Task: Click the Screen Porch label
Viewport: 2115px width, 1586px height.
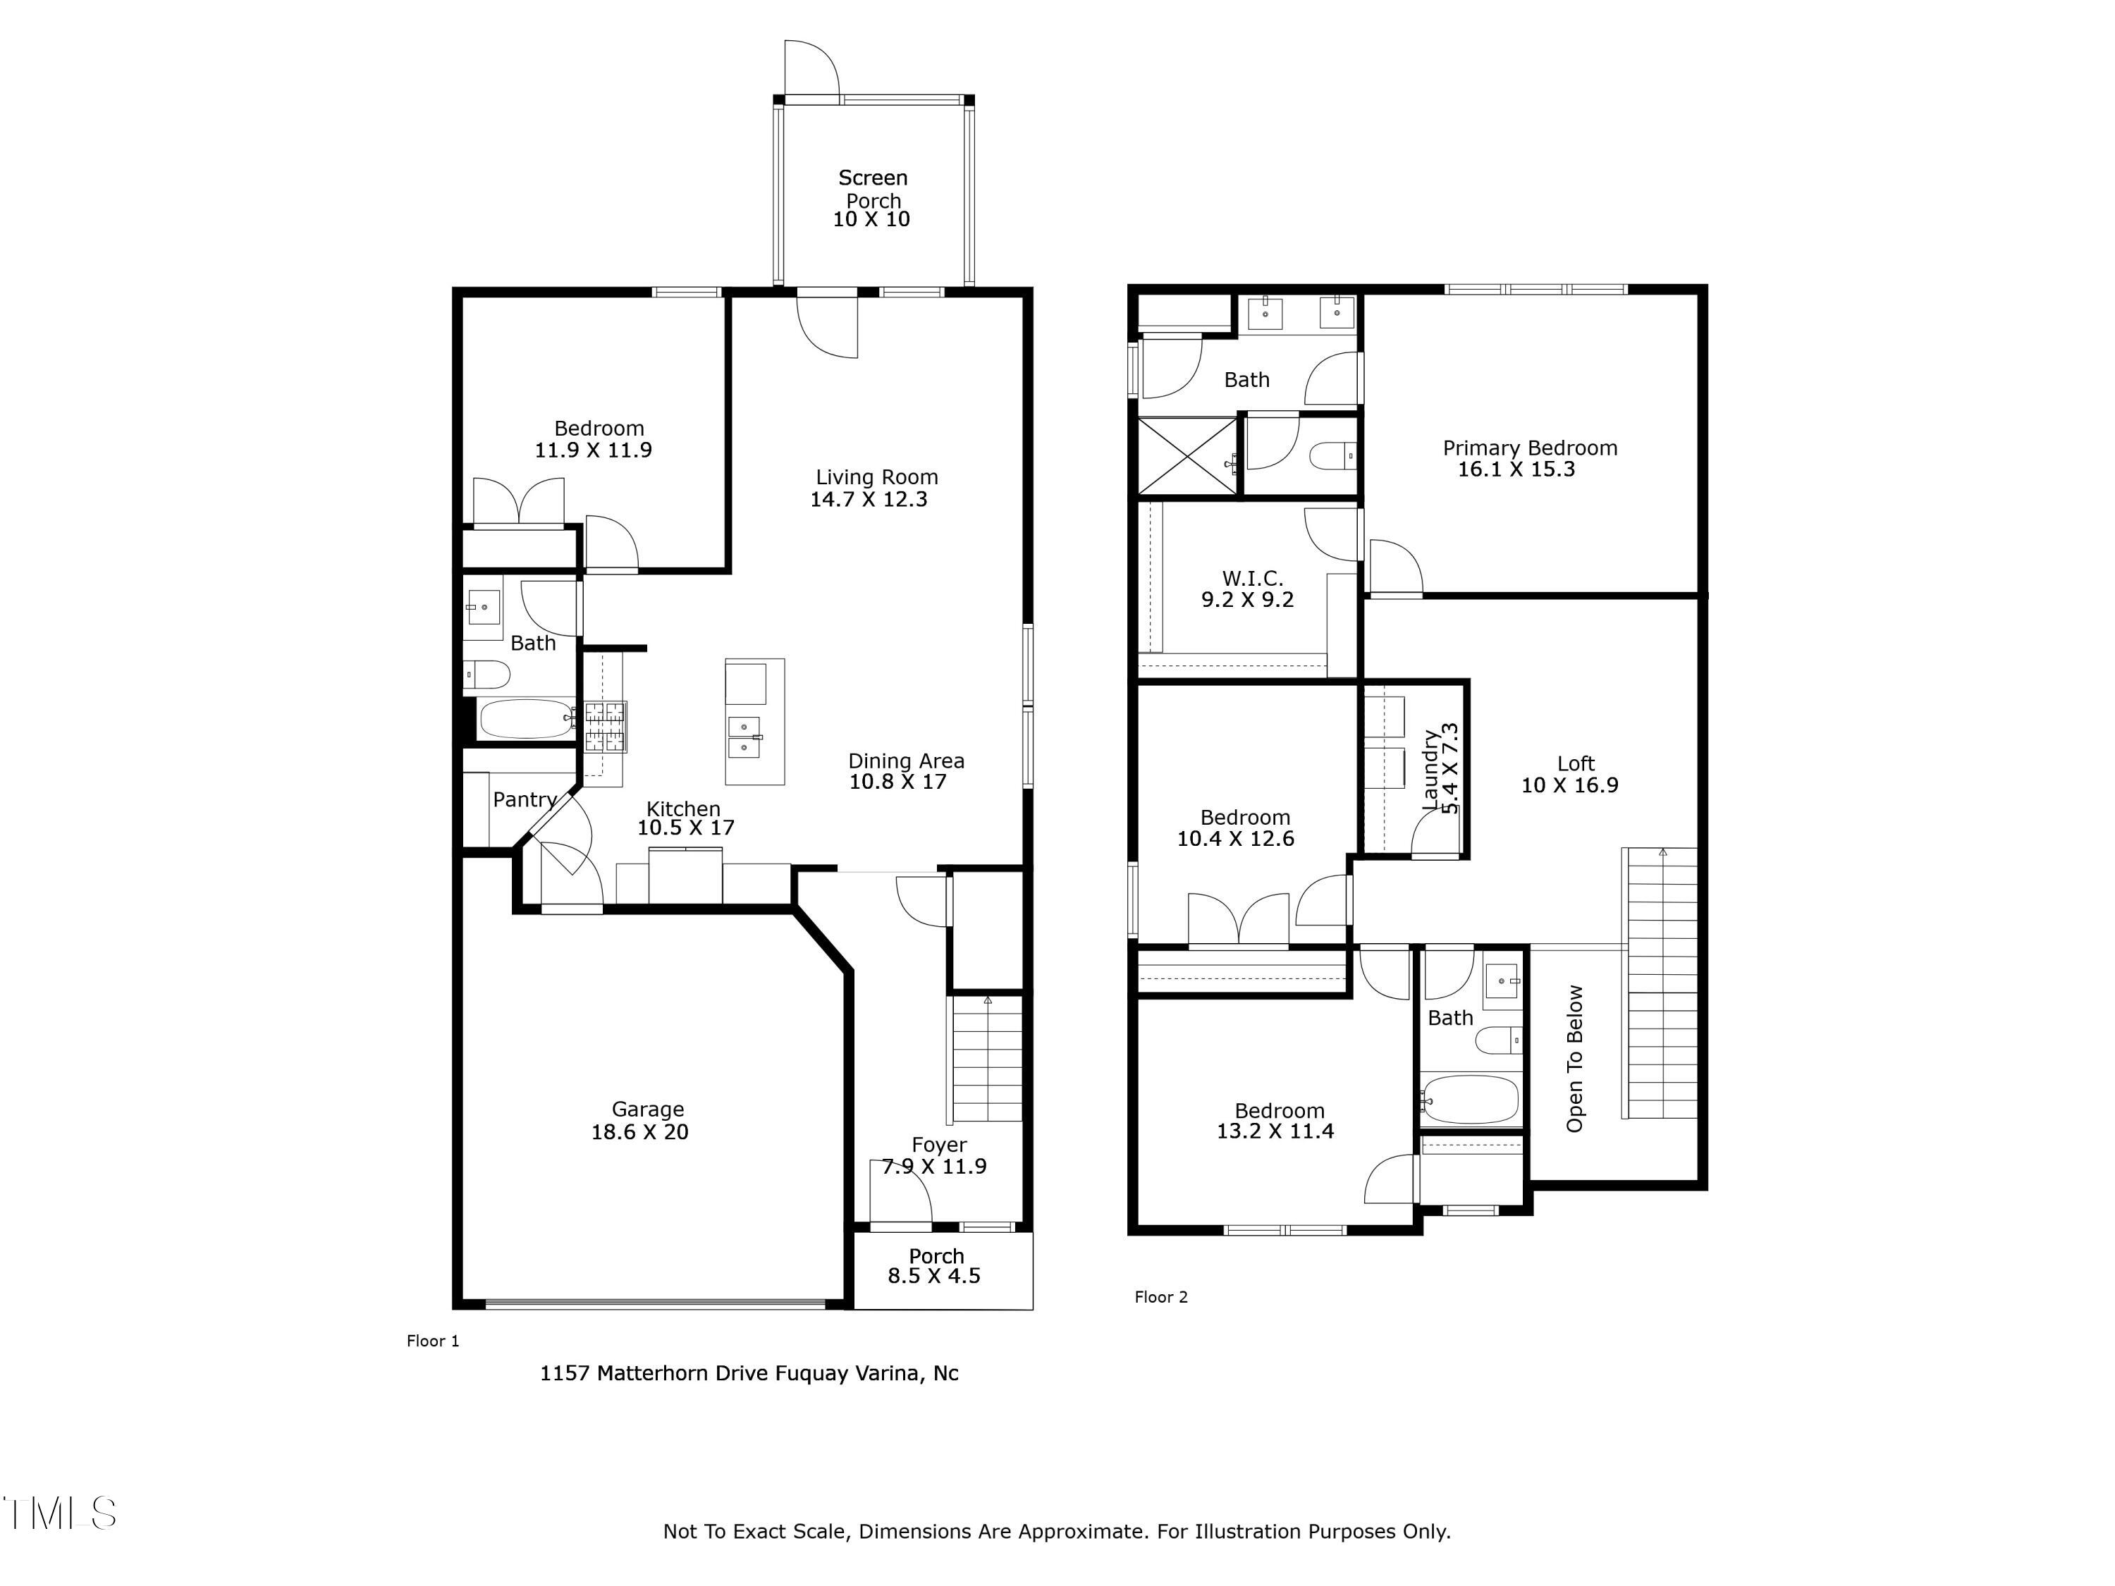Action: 872,188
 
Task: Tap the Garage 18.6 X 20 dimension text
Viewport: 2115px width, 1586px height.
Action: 639,1132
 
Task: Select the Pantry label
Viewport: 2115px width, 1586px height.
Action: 524,799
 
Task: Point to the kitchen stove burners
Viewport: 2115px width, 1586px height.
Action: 604,725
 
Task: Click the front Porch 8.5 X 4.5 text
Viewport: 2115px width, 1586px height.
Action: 934,1275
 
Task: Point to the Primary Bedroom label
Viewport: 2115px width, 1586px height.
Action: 1529,448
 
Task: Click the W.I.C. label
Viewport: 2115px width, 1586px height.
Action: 1251,577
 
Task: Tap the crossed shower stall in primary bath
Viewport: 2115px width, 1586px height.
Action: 1187,456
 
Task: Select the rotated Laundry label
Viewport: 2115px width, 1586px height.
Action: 1430,770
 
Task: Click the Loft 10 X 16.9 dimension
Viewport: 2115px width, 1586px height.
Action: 1569,785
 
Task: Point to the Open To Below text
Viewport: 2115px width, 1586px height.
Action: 1574,1058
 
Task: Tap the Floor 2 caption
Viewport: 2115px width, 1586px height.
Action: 1160,1296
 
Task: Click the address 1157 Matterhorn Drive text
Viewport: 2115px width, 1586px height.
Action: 749,1373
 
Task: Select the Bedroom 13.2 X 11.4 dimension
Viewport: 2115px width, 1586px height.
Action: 1275,1131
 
